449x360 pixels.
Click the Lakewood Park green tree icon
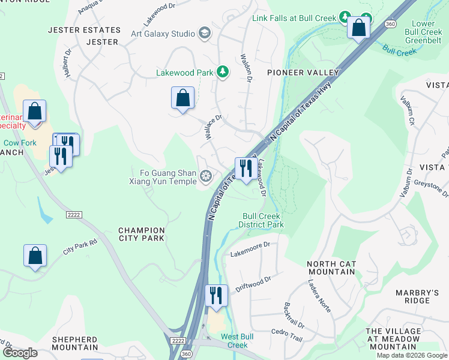coord(223,73)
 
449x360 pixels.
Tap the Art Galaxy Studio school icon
coord(205,34)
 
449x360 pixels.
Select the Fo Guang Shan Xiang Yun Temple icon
coord(206,176)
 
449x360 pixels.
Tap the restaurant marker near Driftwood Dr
coord(216,296)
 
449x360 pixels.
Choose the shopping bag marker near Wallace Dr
coord(182,98)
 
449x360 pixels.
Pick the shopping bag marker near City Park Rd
coord(35,256)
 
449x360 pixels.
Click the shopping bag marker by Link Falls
coord(358,28)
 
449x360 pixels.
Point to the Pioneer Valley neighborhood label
coord(303,73)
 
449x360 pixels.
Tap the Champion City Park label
coord(142,234)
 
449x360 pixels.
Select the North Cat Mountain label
coord(331,268)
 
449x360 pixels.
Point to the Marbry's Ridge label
coord(412,296)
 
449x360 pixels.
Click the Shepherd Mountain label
coord(75,343)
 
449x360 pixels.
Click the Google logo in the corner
coord(20,352)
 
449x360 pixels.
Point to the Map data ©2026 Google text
coord(411,355)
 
